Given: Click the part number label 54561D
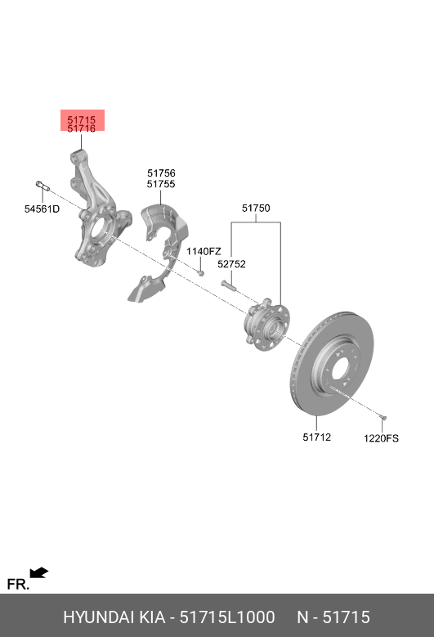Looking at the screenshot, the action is pos(42,209).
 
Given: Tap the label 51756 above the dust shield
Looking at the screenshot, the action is pos(161,173).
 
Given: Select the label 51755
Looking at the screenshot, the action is pos(161,184).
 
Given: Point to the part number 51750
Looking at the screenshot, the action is pos(256,208).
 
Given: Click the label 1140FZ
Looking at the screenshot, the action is pos(204,252).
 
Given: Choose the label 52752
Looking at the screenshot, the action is pos(231,264).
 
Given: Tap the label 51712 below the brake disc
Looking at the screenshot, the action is pos(316,437).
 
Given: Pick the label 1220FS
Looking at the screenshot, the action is pos(381,438).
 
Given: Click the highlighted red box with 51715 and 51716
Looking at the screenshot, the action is pos(83,120).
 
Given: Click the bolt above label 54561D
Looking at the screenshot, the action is pos(43,186).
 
